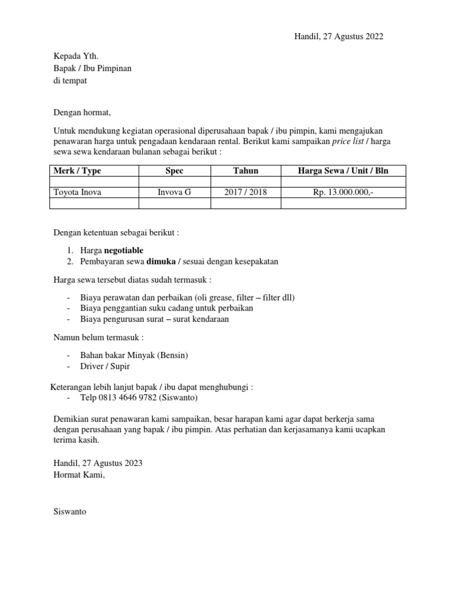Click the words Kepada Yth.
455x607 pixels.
pyautogui.click(x=72, y=57)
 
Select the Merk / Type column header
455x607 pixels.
pyautogui.click(x=77, y=171)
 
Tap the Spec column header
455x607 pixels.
pyautogui.click(x=174, y=171)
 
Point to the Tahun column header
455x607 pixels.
pyautogui.click(x=245, y=171)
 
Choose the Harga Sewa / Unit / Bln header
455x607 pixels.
pyautogui.click(x=343, y=171)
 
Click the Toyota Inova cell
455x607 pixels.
pyautogui.click(x=77, y=192)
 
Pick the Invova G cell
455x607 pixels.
pyautogui.click(x=174, y=192)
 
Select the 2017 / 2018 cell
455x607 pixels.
pyautogui.click(x=245, y=192)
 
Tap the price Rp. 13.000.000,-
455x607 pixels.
pyautogui.click(x=343, y=192)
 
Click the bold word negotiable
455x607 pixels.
pyautogui.click(x=123, y=250)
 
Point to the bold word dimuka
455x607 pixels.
pyautogui.click(x=161, y=261)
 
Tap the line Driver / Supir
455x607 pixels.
pyautogui.click(x=105, y=366)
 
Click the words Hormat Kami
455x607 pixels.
pyautogui.click(x=79, y=474)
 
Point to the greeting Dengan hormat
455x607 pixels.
pyautogui.click(x=82, y=111)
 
